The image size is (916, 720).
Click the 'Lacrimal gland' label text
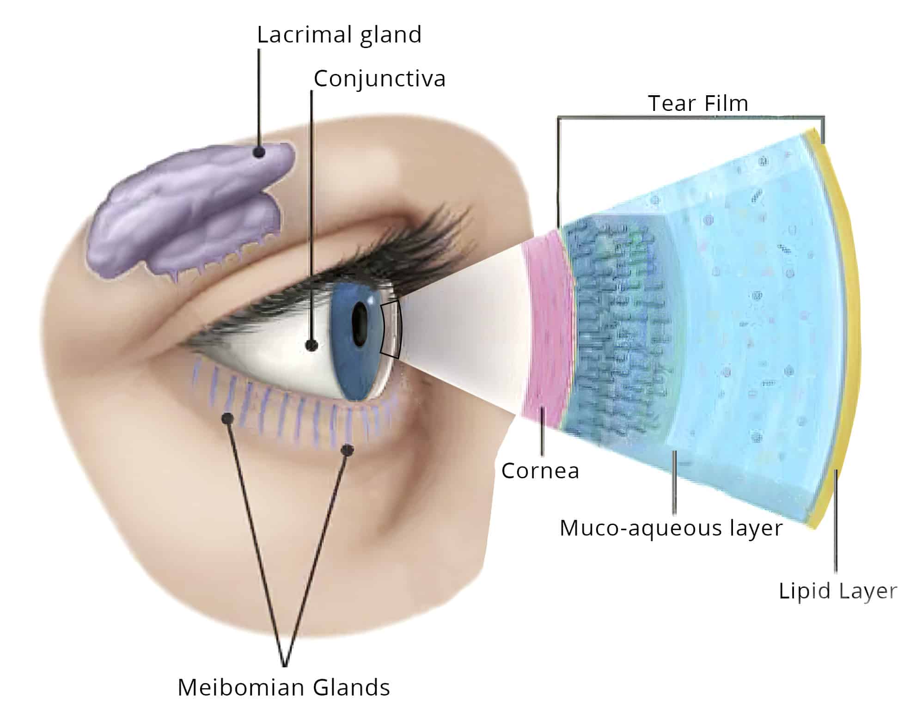(x=339, y=35)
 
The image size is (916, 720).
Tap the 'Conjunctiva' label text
(x=379, y=79)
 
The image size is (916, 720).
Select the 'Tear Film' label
(x=698, y=103)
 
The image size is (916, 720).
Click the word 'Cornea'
(x=540, y=471)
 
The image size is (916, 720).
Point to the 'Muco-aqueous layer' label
(x=671, y=528)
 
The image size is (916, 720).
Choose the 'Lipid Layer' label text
(x=837, y=591)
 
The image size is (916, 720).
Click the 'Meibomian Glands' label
(x=284, y=687)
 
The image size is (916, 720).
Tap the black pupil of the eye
(x=360, y=323)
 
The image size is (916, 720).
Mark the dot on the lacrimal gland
(x=260, y=152)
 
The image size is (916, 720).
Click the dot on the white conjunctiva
(x=312, y=345)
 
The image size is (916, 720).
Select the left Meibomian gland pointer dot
(x=227, y=419)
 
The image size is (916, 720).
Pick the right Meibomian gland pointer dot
(x=348, y=449)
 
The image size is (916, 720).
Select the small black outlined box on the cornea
(x=391, y=329)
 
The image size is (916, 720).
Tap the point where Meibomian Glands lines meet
(x=285, y=665)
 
